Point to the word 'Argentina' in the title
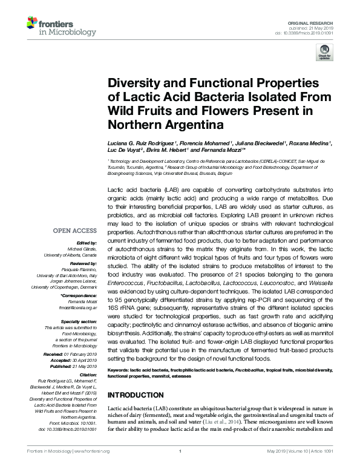[x=191, y=125]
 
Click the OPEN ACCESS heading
[x=75, y=231]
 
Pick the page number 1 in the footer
[x=180, y=468]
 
